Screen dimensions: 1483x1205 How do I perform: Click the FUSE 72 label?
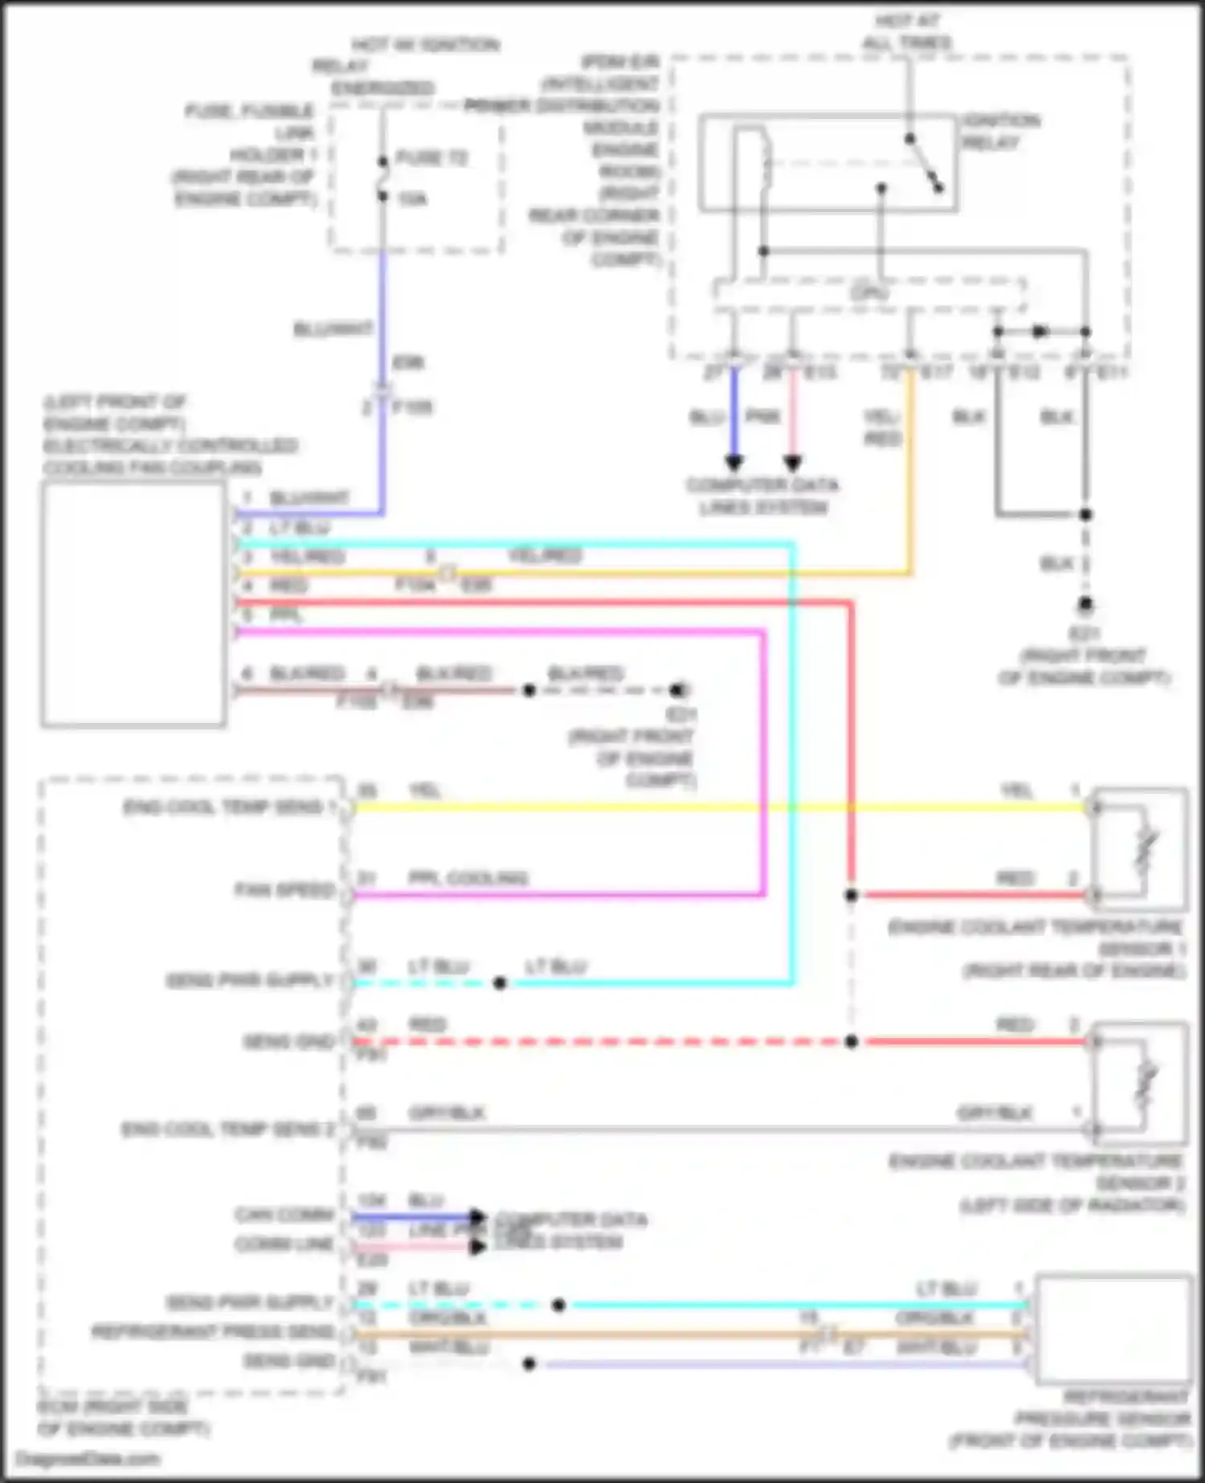pos(431,158)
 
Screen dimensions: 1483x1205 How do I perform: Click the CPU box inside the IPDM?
pos(869,294)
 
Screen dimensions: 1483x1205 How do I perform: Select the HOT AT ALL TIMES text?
pos(907,32)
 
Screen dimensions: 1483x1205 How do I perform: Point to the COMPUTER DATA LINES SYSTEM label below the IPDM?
pos(762,496)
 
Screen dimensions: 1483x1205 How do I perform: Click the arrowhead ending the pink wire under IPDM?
pos(792,464)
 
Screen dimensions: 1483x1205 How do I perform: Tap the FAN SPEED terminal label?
pos(284,890)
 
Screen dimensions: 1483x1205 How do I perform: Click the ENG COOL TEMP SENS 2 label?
pos(227,1130)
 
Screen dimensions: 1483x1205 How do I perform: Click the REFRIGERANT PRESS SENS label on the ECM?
pos(212,1332)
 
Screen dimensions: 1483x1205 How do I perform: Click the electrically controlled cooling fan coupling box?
pos(133,604)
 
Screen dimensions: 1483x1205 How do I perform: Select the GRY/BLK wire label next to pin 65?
pos(447,1113)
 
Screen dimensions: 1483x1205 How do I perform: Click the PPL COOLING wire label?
pos(468,878)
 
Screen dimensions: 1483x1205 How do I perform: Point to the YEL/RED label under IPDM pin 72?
pos(882,427)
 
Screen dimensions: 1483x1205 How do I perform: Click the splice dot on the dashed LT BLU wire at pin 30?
pos(500,983)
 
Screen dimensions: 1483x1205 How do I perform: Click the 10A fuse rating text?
pos(412,199)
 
